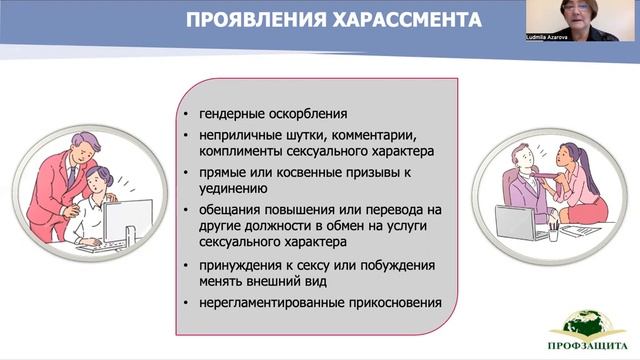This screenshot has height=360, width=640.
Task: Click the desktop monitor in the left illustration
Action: tap(127, 221)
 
